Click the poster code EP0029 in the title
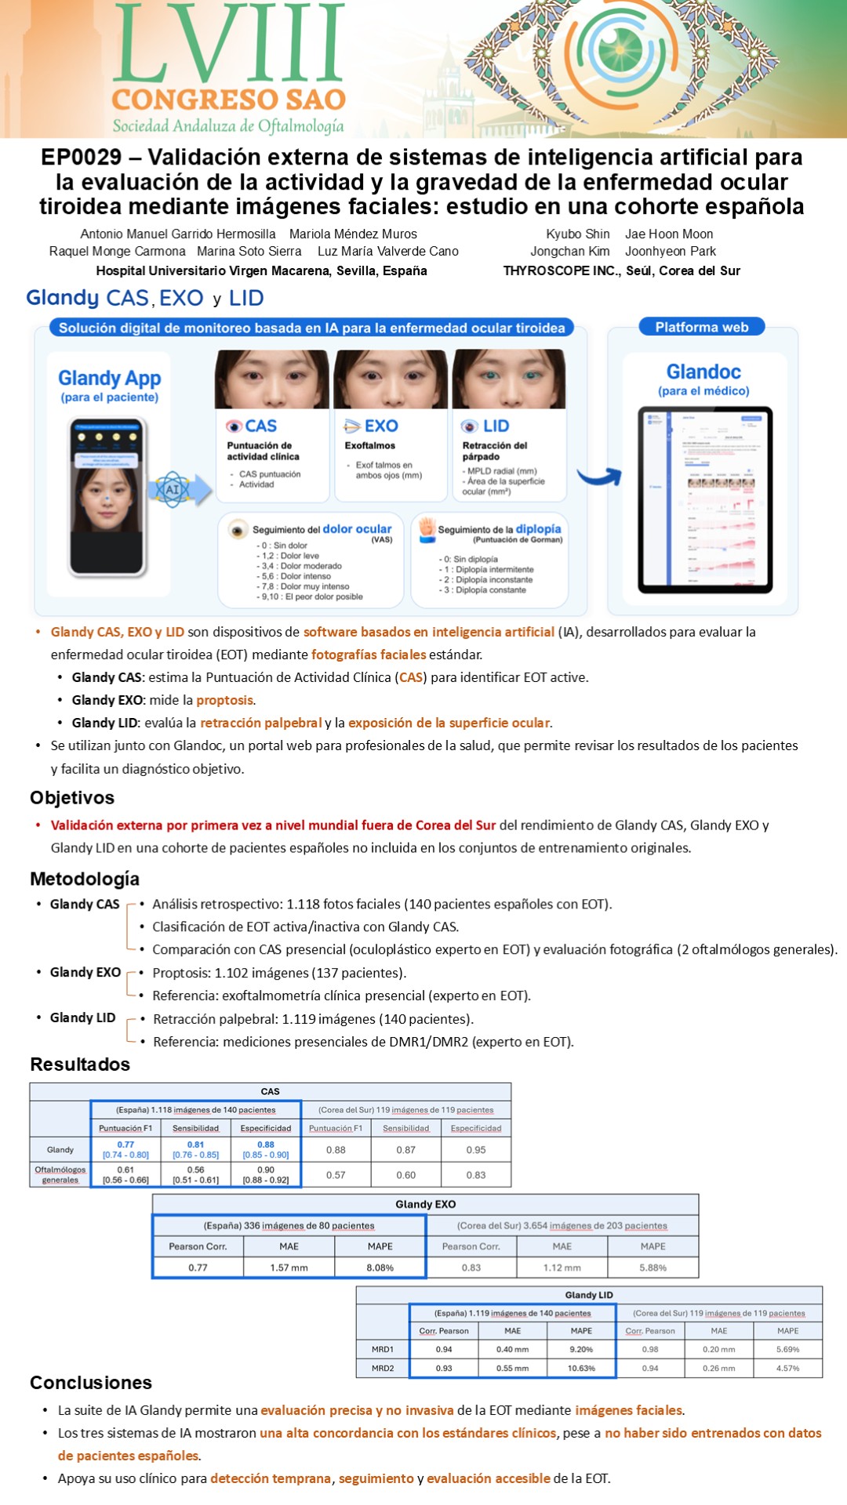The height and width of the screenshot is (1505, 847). (82, 158)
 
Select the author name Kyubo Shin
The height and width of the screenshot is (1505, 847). (577, 234)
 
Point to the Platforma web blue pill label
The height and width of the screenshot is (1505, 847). (702, 327)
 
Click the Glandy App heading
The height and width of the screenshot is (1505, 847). (109, 379)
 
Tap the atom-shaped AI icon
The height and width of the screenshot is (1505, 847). (172, 490)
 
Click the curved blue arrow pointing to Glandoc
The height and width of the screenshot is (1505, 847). (599, 475)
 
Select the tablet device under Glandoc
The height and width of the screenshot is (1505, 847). (704, 499)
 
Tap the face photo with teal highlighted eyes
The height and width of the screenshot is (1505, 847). (509, 379)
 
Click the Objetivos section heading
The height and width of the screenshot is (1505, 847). (72, 797)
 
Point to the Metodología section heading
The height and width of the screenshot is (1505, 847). (85, 879)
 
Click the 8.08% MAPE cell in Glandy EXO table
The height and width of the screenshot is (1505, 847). (380, 1267)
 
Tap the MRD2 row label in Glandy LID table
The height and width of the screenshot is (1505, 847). (383, 1368)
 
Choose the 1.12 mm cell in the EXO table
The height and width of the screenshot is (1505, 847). (562, 1267)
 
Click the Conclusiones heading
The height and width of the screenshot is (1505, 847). (91, 1382)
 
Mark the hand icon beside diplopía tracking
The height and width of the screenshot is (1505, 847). (427, 528)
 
